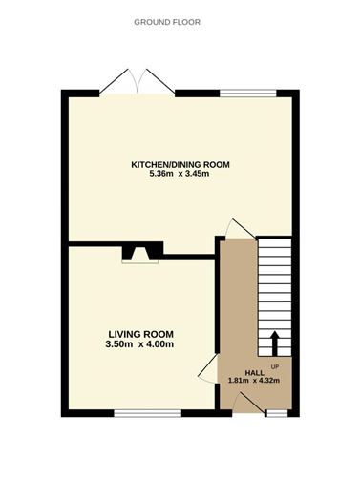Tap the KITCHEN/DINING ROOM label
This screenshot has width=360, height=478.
point(180,164)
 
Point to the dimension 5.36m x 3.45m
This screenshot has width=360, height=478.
point(180,174)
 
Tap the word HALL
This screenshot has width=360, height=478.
point(255,372)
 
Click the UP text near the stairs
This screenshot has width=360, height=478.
point(275,365)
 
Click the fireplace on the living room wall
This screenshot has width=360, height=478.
point(140,251)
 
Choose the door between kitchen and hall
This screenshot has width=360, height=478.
point(235,230)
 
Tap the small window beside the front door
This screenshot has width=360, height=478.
point(277,414)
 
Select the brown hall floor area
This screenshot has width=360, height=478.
point(239,315)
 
